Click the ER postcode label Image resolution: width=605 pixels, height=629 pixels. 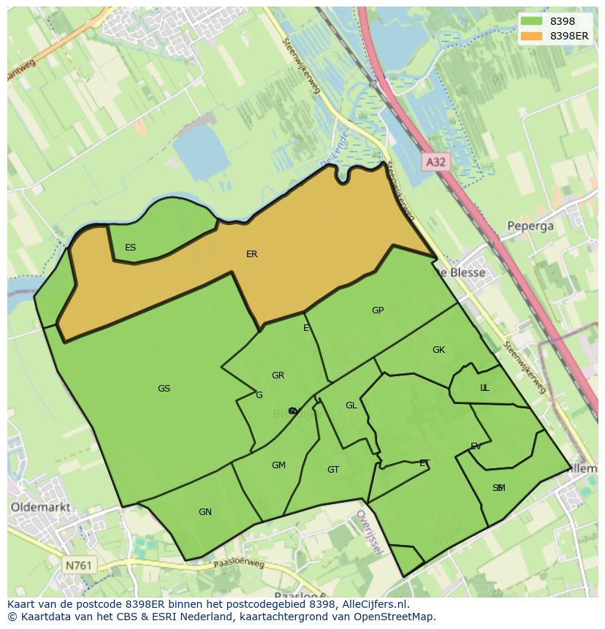click(251, 254)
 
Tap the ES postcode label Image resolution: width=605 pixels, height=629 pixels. click(130, 248)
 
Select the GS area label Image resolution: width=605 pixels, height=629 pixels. click(164, 389)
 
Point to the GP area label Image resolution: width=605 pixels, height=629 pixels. click(377, 310)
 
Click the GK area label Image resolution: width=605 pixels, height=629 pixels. click(438, 350)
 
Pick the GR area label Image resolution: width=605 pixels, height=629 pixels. click(278, 376)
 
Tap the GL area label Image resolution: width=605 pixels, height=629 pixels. click(351, 405)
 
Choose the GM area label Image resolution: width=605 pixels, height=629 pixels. click(278, 465)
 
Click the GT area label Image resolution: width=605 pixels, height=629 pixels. click(333, 470)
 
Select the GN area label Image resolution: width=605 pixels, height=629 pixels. click(205, 512)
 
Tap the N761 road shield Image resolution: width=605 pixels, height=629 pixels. click(79, 565)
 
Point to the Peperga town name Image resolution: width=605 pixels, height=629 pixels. click(530, 226)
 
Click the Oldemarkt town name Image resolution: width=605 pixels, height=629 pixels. click(39, 506)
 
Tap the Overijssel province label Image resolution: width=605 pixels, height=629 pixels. click(369, 533)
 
